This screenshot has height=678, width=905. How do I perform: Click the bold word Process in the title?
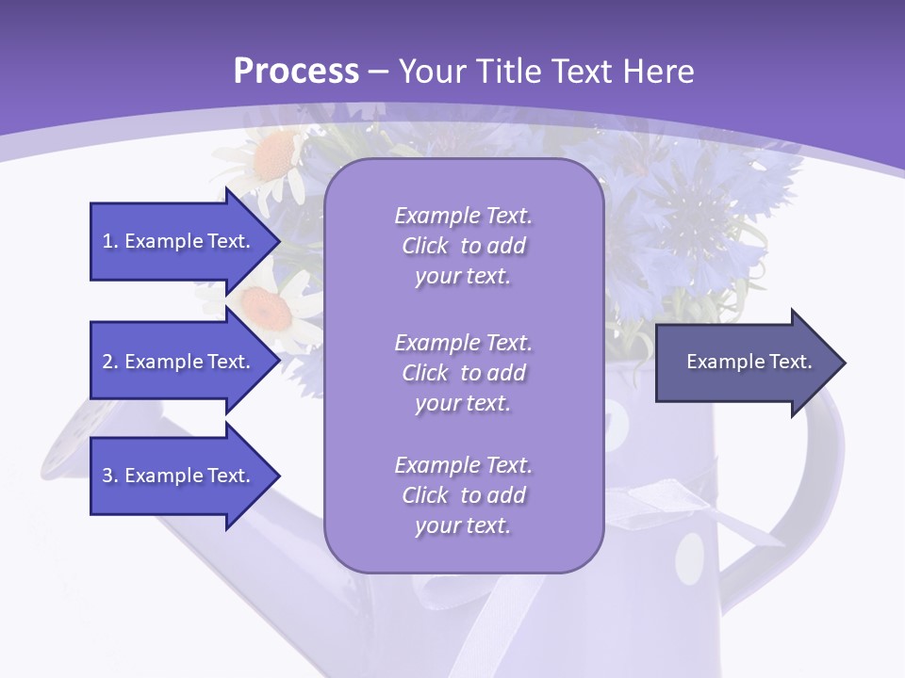(x=296, y=71)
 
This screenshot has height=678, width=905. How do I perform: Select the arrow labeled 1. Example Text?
(x=179, y=241)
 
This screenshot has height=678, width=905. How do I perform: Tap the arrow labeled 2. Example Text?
(x=179, y=362)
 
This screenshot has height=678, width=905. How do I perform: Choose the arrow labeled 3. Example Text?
(x=179, y=476)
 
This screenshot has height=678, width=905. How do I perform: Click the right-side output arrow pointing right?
(x=745, y=363)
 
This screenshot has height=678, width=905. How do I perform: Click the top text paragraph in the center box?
(x=463, y=246)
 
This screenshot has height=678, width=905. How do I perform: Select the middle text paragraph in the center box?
(x=463, y=373)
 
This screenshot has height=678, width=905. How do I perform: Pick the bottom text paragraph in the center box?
(x=463, y=495)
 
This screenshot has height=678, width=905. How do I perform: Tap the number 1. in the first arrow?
(x=110, y=241)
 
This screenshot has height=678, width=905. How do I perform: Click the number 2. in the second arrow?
(x=110, y=362)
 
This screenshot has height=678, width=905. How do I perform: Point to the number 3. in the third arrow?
(x=110, y=476)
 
